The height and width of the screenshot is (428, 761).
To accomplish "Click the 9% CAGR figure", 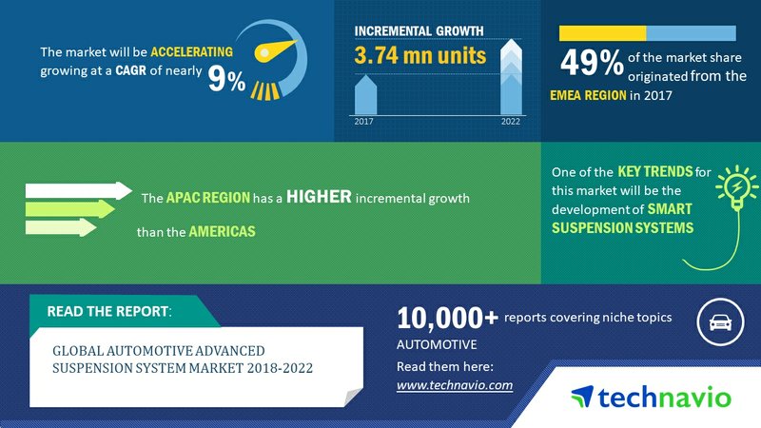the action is pyautogui.click(x=226, y=79).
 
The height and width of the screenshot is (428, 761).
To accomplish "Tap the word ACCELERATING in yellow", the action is pyautogui.click(x=192, y=51).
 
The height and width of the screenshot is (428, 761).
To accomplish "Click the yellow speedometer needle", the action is pyautogui.click(x=275, y=50).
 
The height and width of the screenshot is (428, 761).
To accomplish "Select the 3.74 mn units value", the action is pyautogui.click(x=420, y=55).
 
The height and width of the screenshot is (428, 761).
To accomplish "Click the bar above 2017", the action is pyautogui.click(x=365, y=95).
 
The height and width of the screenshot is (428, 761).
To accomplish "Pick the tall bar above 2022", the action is pyautogui.click(x=511, y=77).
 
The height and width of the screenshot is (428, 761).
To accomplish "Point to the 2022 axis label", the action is pyautogui.click(x=511, y=122).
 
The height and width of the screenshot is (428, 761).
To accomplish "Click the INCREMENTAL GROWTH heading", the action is pyautogui.click(x=419, y=30).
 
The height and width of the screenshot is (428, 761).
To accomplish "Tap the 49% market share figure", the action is pyautogui.click(x=592, y=63).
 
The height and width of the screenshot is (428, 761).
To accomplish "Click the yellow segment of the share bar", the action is pyautogui.click(x=602, y=33).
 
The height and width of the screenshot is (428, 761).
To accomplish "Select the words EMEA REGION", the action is pyautogui.click(x=588, y=95).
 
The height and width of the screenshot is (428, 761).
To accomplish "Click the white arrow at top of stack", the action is pyautogui.click(x=79, y=191).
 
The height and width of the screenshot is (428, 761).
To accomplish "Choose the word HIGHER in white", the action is pyautogui.click(x=319, y=197).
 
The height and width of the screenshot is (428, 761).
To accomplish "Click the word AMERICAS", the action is pyautogui.click(x=222, y=231).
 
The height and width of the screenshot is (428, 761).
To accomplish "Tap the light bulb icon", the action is pyautogui.click(x=736, y=186).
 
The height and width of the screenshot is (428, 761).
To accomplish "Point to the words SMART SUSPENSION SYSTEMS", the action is pyautogui.click(x=623, y=219).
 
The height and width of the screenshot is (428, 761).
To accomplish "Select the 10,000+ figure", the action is pyautogui.click(x=447, y=319).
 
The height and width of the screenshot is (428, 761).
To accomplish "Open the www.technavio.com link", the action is pyautogui.click(x=455, y=385).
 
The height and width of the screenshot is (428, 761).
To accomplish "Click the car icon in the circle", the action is pyautogui.click(x=721, y=322).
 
